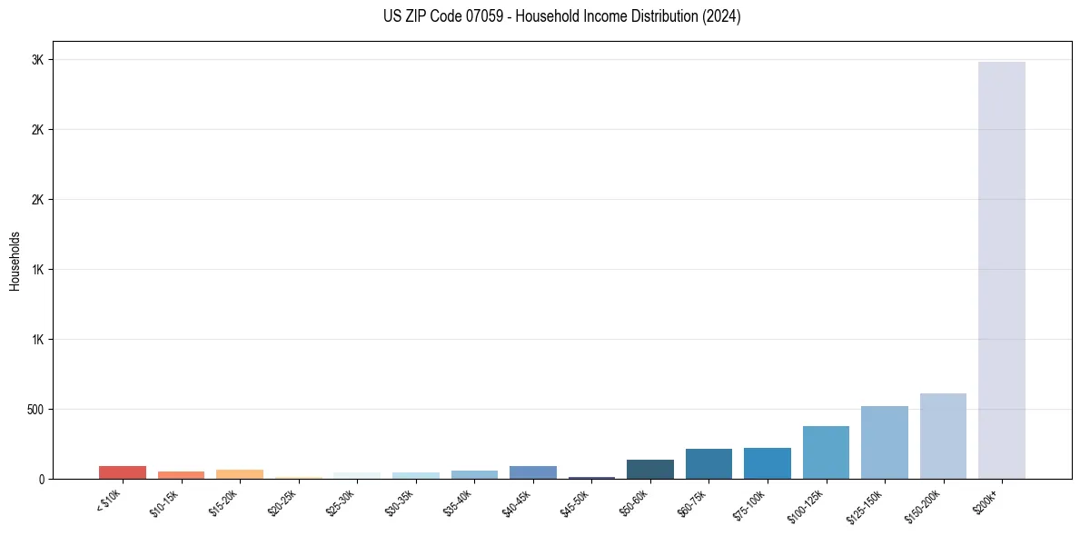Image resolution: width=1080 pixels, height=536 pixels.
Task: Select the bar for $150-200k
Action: (x=943, y=436)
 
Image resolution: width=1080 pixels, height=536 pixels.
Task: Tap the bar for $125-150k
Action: (x=884, y=442)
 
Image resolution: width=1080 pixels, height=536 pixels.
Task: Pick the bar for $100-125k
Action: (x=826, y=452)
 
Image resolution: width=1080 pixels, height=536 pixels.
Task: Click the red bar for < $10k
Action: (x=123, y=472)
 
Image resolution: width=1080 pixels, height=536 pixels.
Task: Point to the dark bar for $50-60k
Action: (x=650, y=469)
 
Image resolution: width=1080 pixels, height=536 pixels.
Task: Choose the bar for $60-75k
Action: (x=708, y=463)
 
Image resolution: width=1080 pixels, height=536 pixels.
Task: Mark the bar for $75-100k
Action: (x=768, y=463)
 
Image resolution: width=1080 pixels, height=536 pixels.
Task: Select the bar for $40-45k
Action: (x=533, y=472)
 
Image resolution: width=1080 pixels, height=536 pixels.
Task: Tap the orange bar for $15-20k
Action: (x=240, y=474)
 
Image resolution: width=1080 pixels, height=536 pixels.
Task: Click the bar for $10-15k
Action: (x=181, y=475)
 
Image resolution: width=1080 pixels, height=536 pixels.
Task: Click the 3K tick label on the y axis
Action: (x=36, y=60)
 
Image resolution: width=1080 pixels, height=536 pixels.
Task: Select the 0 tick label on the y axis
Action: (x=41, y=479)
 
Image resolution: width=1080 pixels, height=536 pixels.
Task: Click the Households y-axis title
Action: (x=15, y=260)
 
